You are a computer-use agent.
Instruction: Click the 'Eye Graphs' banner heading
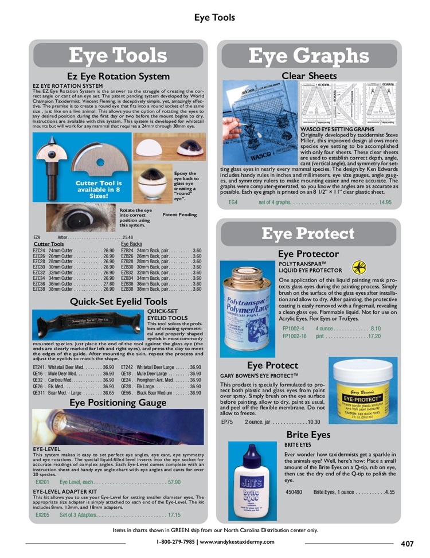(x=308, y=56)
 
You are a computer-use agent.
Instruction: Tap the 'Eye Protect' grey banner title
(x=308, y=233)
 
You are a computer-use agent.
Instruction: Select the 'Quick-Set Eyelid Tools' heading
(x=118, y=301)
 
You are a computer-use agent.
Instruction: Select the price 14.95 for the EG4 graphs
(x=385, y=202)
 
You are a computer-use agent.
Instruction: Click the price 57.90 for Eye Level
(x=174, y=482)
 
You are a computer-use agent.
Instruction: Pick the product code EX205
(x=42, y=515)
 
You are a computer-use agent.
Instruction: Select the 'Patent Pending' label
(x=179, y=215)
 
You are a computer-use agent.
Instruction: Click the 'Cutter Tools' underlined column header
(x=48, y=244)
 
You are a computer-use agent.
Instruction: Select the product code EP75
(x=227, y=422)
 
